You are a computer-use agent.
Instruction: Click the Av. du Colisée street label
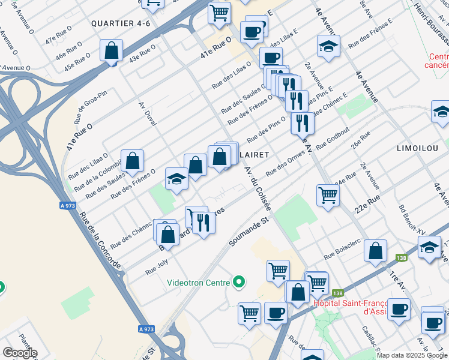pyautogui.click(x=259, y=187)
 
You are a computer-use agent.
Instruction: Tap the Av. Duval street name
pyautogui.click(x=148, y=113)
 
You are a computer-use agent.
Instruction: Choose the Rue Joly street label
pyautogui.click(x=157, y=268)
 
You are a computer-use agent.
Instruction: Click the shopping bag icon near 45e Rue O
pyautogui.click(x=112, y=50)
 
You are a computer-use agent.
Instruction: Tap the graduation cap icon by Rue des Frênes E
pyautogui.click(x=328, y=47)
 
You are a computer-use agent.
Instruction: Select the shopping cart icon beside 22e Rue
pyautogui.click(x=328, y=194)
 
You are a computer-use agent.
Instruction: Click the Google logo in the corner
pyautogui.click(x=20, y=353)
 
